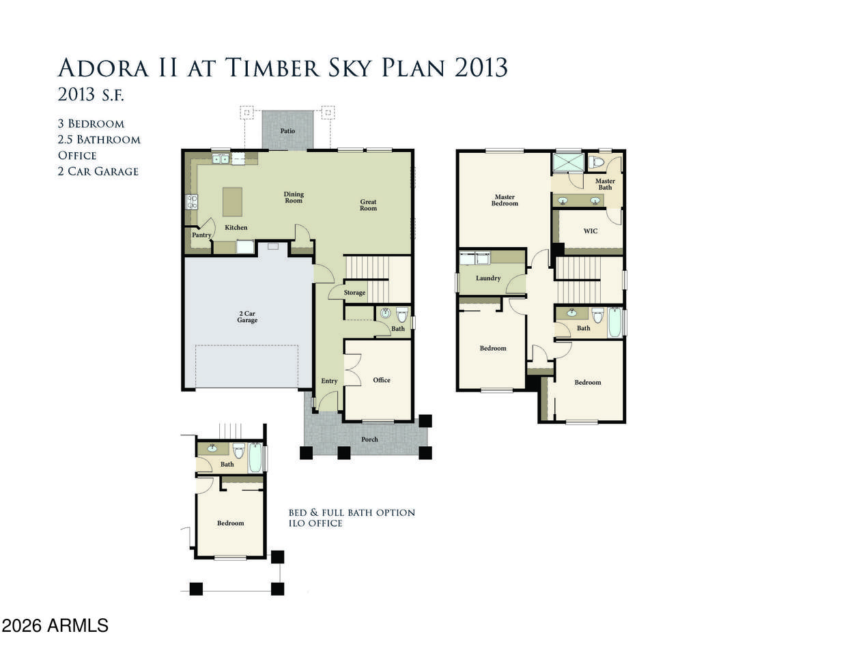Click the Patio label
pyautogui.click(x=287, y=131)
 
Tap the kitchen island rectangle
pyautogui.click(x=232, y=201)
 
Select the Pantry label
pyautogui.click(x=201, y=235)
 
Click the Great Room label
pyautogui.click(x=369, y=205)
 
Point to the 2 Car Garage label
pyautogui.click(x=247, y=317)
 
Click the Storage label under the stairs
pyautogui.click(x=355, y=293)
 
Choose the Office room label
pyautogui.click(x=382, y=380)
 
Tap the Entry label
pyautogui.click(x=329, y=381)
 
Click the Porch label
pyautogui.click(x=369, y=439)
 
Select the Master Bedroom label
pyautogui.click(x=505, y=201)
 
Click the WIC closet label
pyautogui.click(x=591, y=231)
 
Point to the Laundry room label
pyautogui.click(x=488, y=278)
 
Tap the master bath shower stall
pyautogui.click(x=569, y=162)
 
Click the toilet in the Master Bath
pyautogui.click(x=596, y=162)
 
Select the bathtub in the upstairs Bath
pyautogui.click(x=614, y=323)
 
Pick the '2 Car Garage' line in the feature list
pyautogui.click(x=98, y=171)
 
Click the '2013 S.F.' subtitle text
pyautogui.click(x=91, y=94)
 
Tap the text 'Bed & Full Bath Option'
pyautogui.click(x=352, y=512)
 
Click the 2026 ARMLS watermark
pyautogui.click(x=55, y=626)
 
